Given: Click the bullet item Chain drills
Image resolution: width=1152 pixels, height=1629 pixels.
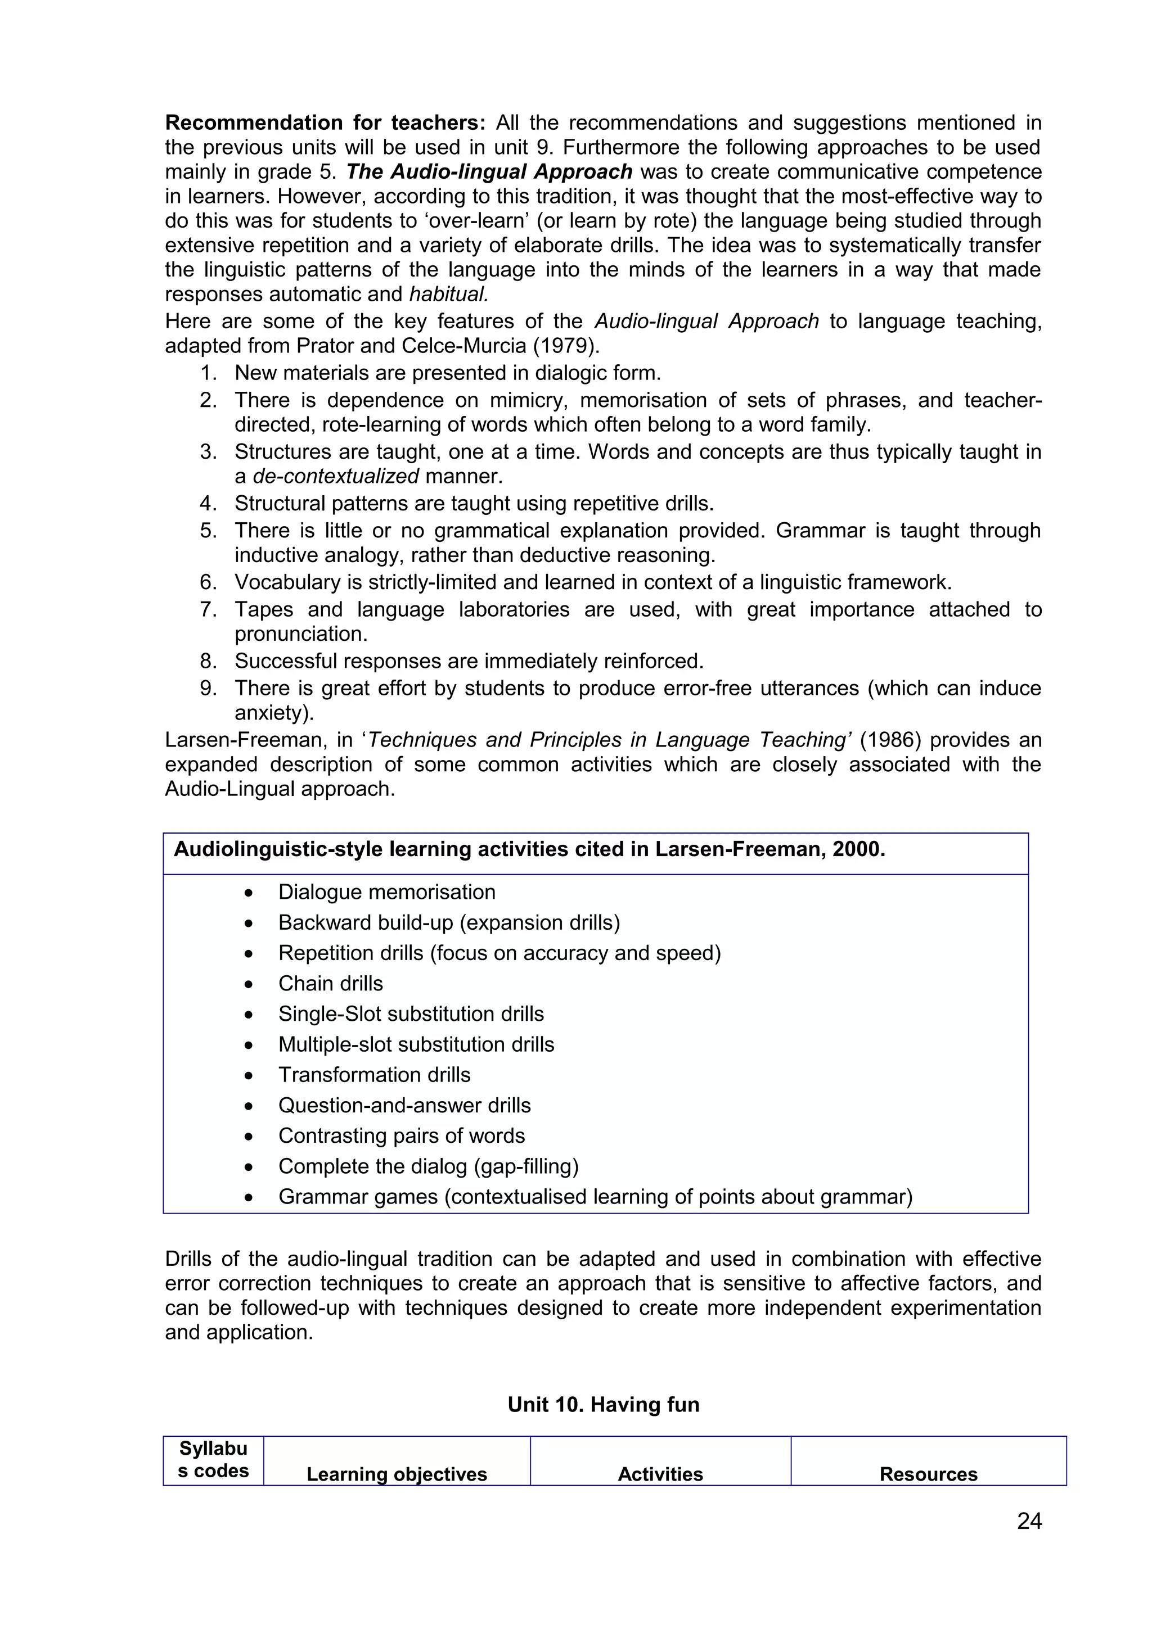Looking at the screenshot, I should pos(330,983).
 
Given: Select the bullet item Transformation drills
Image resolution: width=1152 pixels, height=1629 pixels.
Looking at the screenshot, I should pos(374,1075).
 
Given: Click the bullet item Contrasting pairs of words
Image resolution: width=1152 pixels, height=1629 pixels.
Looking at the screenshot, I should pos(401,1136).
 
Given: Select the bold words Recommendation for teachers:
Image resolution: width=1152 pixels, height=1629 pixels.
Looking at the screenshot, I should pos(325,123).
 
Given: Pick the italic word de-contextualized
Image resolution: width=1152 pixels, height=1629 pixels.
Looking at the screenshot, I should pos(336,476).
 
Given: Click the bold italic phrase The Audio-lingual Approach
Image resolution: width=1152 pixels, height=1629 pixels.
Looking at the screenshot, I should pos(489,171).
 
